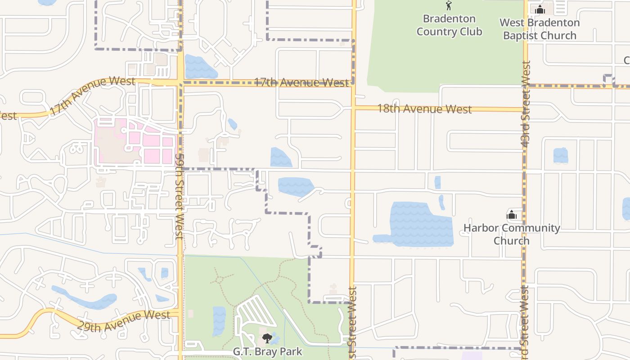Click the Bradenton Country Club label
[449, 25]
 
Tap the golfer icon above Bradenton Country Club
[448, 6]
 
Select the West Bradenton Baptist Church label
[540, 29]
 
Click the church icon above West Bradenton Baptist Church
[540, 9]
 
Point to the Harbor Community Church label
[512, 234]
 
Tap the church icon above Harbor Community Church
[512, 215]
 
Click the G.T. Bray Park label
[267, 351]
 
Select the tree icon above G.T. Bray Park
[267, 337]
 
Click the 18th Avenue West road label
[424, 108]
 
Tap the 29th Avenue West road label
[123, 321]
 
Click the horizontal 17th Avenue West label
[301, 82]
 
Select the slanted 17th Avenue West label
[92, 96]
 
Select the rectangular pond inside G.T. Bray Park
[219, 320]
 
